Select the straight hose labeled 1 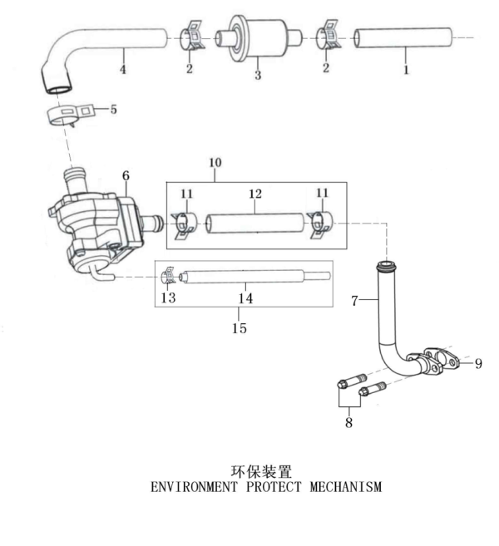(403, 38)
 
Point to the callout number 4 (123, 69)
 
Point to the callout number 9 (478, 363)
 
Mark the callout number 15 (239, 327)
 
